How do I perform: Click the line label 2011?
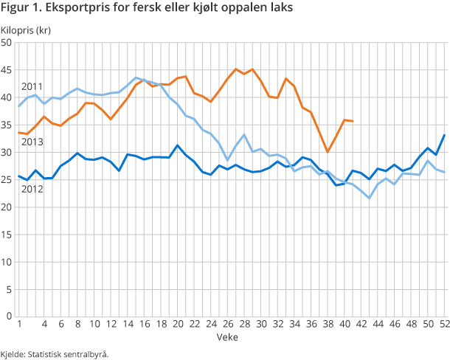click(x=31, y=86)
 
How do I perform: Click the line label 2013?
click(x=31, y=142)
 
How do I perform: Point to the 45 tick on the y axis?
click(x=7, y=70)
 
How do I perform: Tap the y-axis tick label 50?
click(x=7, y=43)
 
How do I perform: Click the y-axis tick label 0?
click(x=10, y=316)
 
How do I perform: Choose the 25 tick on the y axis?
click(x=7, y=179)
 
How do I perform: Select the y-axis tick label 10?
click(x=7, y=261)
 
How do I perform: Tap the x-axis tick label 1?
click(x=18, y=325)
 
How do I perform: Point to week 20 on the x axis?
click(x=177, y=325)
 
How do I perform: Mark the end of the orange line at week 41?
click(x=353, y=121)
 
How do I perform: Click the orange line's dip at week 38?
click(x=328, y=152)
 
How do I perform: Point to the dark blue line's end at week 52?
click(x=444, y=135)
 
